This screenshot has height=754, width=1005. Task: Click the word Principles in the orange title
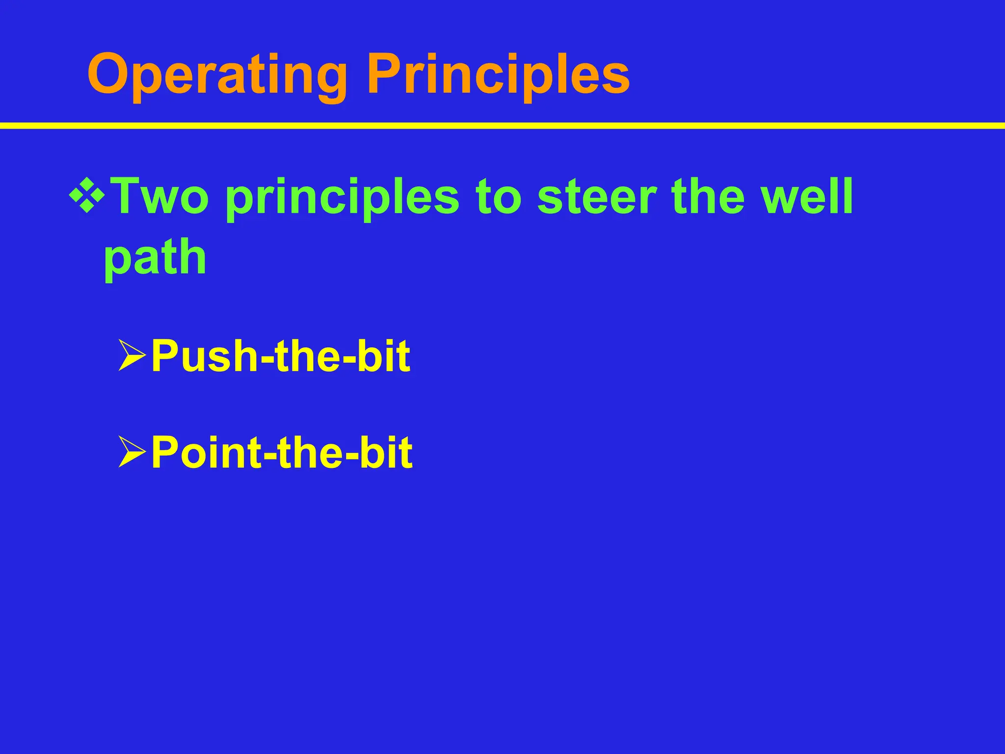tap(498, 76)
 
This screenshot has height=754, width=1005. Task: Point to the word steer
tap(596, 197)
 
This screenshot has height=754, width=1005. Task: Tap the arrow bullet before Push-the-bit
tap(132, 355)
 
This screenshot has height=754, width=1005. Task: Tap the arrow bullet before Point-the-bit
tap(132, 452)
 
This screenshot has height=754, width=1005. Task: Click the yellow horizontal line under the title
tap(502, 126)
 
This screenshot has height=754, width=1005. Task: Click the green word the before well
tap(707, 196)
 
